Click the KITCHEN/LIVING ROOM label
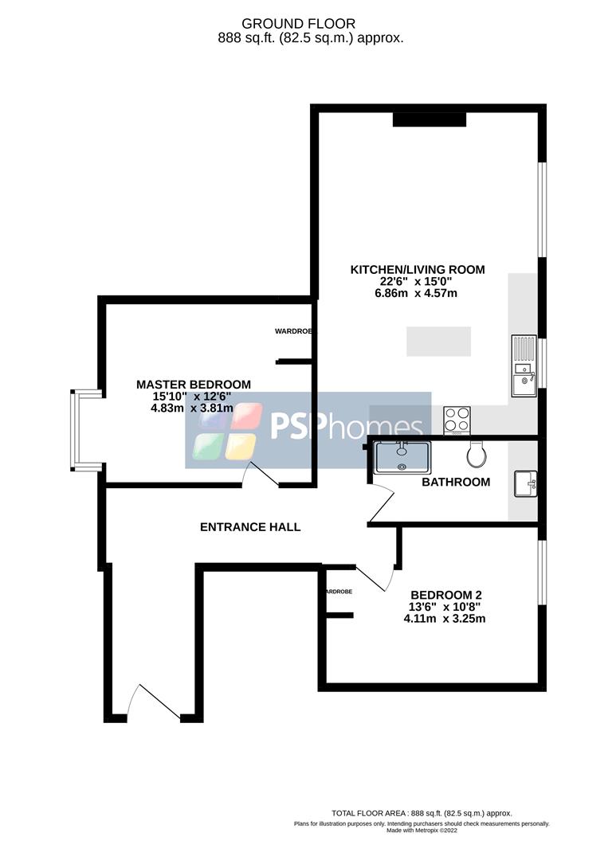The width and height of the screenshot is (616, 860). click(x=418, y=269)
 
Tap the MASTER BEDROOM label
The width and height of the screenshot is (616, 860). click(x=194, y=384)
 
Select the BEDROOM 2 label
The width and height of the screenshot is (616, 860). click(x=445, y=594)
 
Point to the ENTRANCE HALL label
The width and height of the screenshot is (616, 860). click(x=250, y=526)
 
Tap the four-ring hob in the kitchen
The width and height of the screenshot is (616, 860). click(x=457, y=419)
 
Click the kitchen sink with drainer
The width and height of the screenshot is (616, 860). click(x=524, y=365)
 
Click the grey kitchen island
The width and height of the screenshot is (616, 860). click(x=438, y=341)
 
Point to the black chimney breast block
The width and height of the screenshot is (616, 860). click(x=429, y=119)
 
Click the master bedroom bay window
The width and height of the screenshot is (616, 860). click(x=75, y=430)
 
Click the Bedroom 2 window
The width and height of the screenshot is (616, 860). click(x=541, y=572)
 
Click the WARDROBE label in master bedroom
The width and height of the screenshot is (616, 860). click(x=293, y=330)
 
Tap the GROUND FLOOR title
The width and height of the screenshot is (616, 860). click(x=310, y=24)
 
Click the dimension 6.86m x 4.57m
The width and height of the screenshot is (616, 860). click(x=418, y=293)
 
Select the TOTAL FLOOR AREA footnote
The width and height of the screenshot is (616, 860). click(x=422, y=813)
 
